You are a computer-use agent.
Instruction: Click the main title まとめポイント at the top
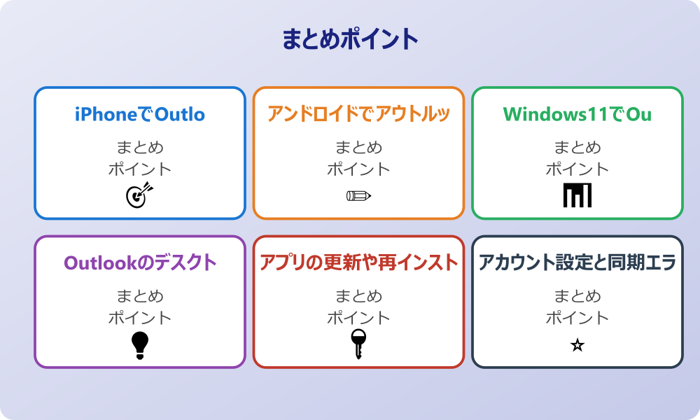click(350, 39)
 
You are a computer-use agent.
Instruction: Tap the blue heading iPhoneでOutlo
click(140, 113)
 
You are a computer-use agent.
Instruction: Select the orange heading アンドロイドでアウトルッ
click(358, 113)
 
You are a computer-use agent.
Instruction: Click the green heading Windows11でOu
click(577, 113)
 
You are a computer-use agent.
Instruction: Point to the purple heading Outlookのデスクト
click(140, 262)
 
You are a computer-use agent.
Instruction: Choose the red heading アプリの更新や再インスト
click(358, 262)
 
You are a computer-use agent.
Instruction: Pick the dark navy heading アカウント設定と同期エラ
click(577, 262)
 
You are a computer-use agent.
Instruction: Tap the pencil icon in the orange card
click(358, 195)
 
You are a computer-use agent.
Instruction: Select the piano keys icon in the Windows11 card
click(577, 195)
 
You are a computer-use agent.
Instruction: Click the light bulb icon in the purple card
click(140, 345)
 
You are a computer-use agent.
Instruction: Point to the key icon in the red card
click(358, 344)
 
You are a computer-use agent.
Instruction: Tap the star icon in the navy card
click(577, 345)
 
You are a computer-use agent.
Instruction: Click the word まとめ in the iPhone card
click(140, 148)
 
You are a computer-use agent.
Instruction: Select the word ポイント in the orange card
click(358, 169)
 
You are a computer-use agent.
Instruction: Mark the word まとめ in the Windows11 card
click(577, 148)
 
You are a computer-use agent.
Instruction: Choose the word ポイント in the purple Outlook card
click(140, 318)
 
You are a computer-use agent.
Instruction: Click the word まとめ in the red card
click(358, 297)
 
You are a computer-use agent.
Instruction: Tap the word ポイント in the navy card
click(577, 318)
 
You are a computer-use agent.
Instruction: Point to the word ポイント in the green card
click(577, 169)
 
